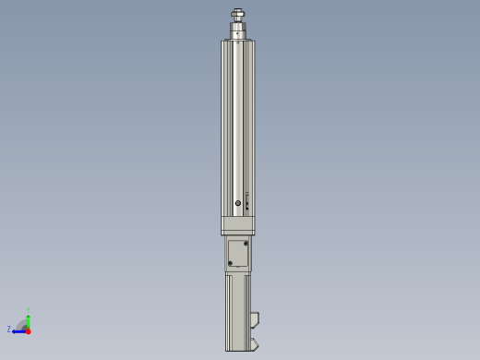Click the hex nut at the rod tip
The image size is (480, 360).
(238, 13)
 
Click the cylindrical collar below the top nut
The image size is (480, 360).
(238, 30)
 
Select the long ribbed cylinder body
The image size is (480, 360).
(237, 120)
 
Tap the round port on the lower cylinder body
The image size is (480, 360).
(238, 203)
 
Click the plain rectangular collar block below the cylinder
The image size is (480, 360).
(237, 225)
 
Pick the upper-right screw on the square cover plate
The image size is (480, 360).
(246, 244)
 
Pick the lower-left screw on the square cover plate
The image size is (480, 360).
(230, 263)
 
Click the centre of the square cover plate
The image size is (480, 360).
(238, 254)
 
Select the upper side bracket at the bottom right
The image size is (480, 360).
(254, 319)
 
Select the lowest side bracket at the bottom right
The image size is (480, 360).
(254, 344)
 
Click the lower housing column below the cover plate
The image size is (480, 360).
(237, 309)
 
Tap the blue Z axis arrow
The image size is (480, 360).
(18, 330)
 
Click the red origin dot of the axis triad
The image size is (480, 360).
(28, 330)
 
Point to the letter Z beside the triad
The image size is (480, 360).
(9, 330)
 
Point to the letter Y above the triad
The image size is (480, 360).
(29, 310)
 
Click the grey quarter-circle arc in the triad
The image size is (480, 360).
(21, 323)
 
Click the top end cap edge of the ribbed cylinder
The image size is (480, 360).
(238, 41)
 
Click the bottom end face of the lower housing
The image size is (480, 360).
(237, 350)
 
